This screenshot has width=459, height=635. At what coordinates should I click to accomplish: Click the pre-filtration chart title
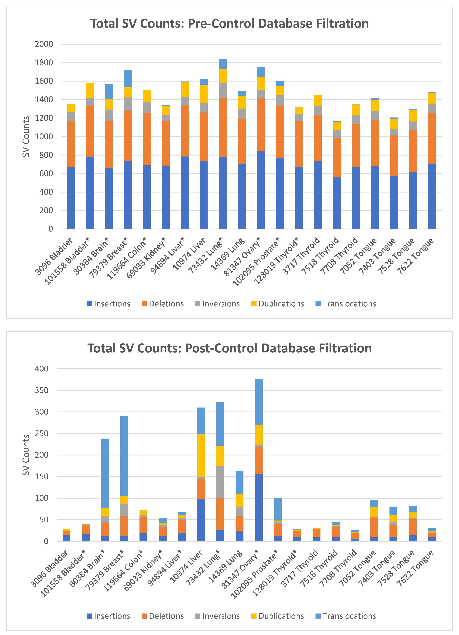[229, 24]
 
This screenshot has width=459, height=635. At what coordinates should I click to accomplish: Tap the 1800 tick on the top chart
[44, 62]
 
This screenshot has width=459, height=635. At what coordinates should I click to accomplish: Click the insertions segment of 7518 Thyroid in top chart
[337, 203]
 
